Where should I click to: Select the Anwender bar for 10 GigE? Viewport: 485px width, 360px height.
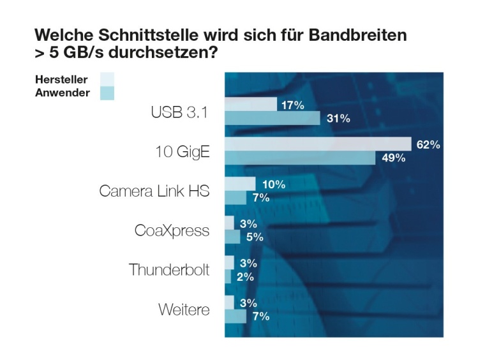(x=300, y=158)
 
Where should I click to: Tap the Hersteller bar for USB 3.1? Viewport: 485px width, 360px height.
(x=250, y=105)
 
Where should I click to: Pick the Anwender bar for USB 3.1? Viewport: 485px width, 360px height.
(x=272, y=118)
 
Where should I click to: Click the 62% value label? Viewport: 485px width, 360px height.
(x=428, y=145)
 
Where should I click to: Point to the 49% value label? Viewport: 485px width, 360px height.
(x=393, y=158)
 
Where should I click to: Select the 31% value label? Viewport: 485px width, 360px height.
(x=338, y=119)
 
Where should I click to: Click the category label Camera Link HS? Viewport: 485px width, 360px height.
(x=154, y=191)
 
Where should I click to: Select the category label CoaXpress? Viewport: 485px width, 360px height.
(x=172, y=230)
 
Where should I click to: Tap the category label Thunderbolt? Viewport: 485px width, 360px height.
(x=168, y=270)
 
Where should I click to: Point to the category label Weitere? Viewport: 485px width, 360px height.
(x=184, y=310)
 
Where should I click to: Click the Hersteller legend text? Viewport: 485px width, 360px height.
(x=61, y=80)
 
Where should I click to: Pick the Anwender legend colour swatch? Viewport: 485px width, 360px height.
(x=107, y=93)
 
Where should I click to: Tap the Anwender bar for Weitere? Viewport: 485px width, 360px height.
(x=235, y=316)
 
